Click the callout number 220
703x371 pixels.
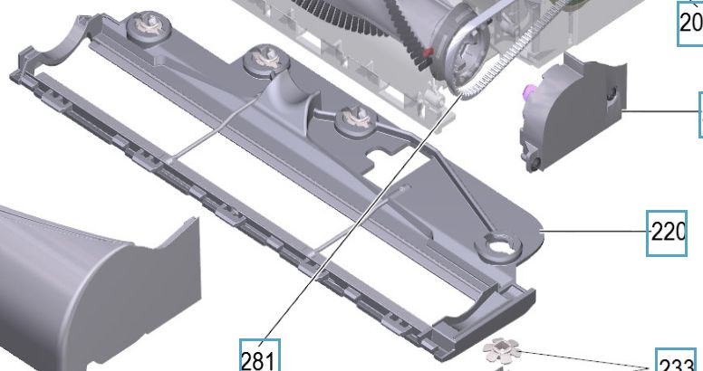click(x=669, y=232)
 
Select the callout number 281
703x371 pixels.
click(x=258, y=358)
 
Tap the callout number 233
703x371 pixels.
click(x=676, y=363)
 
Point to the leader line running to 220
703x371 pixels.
click(x=593, y=232)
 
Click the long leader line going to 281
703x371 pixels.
click(x=344, y=226)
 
